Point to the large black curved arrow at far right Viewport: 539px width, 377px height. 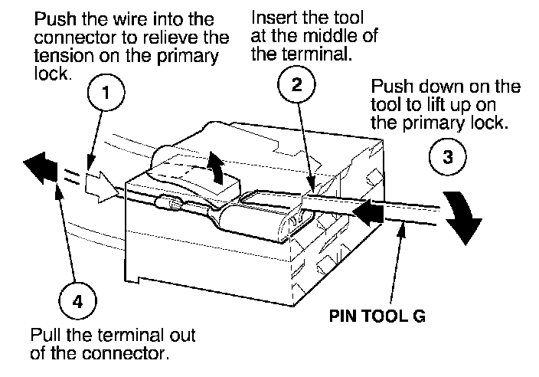coord(464,216)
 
